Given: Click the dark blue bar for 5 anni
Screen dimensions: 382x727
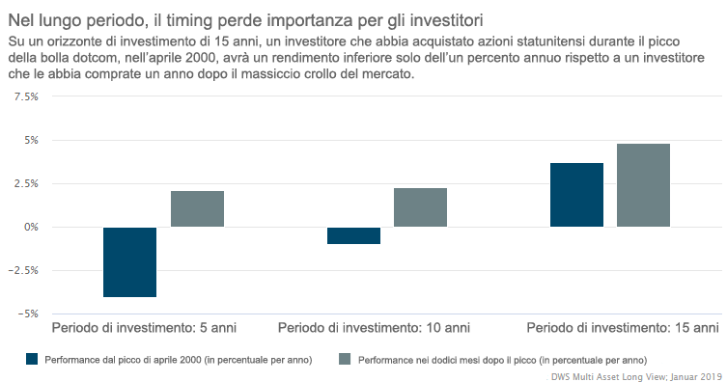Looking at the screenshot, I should click(x=129, y=261).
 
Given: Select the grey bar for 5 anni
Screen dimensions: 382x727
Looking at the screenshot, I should click(x=197, y=208).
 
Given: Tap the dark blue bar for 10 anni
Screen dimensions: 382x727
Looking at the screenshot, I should click(x=353, y=235).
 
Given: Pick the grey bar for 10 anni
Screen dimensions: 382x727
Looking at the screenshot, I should click(x=421, y=207).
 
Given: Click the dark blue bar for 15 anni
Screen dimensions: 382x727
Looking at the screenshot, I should click(x=576, y=195).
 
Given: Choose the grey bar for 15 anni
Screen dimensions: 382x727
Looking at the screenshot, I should click(x=643, y=185).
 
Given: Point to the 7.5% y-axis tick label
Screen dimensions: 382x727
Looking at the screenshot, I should click(x=25, y=97).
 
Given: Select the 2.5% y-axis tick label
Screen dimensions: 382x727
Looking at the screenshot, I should click(x=25, y=183).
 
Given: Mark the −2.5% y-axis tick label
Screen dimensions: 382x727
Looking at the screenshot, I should click(x=23, y=270).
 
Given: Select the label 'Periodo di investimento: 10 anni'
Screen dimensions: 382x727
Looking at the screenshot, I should click(x=375, y=327).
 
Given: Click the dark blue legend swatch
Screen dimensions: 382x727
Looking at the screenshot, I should click(x=32, y=359).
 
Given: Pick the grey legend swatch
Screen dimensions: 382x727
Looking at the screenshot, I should click(x=344, y=359).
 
